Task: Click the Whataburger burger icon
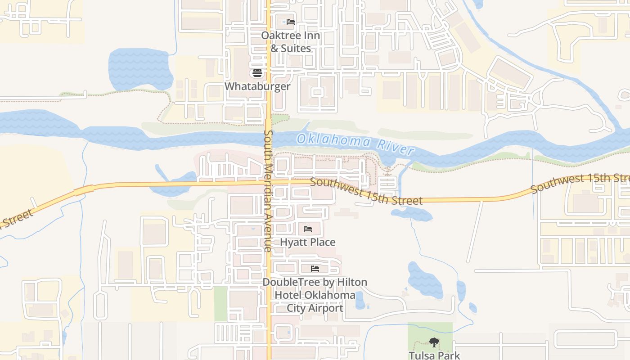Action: coord(257,73)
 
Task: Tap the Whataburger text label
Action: coord(257,86)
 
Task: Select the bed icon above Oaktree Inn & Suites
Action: coord(291,22)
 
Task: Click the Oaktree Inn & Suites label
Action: coord(291,41)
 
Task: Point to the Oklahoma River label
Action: coord(355,144)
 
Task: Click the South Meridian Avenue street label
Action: coord(269,191)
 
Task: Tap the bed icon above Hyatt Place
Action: coord(308,229)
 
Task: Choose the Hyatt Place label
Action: coord(308,242)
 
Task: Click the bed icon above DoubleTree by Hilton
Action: coord(315,269)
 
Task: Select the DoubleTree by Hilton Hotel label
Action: coord(315,295)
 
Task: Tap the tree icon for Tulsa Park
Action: coord(434,343)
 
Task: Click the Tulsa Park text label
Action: coord(434,355)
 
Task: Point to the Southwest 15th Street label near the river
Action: coord(366,191)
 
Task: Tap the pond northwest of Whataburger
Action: coord(140,69)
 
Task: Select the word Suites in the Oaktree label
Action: coord(296,48)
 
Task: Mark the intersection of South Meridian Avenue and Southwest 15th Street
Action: coord(269,182)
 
